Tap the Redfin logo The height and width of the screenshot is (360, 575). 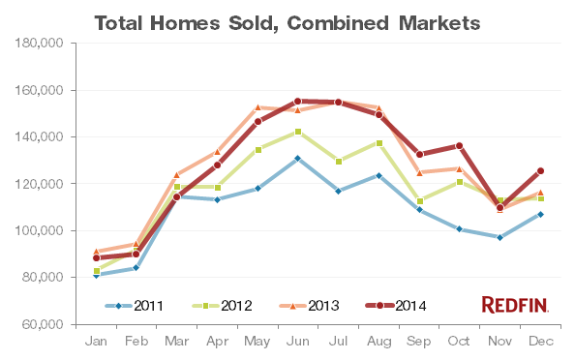[515, 305]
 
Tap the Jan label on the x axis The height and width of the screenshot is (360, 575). [97, 342]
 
